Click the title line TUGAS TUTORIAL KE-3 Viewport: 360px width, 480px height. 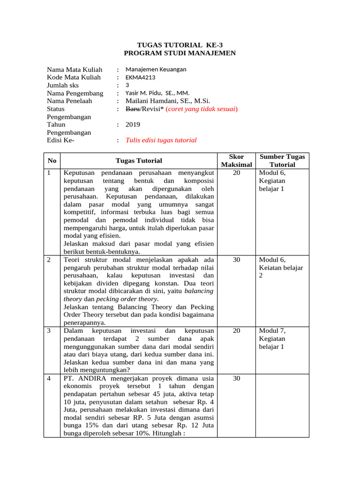(x=180, y=45)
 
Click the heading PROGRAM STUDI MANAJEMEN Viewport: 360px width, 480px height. (x=180, y=53)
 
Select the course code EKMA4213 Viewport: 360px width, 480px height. (x=140, y=77)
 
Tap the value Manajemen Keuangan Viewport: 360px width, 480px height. (x=156, y=69)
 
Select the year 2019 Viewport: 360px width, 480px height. (x=133, y=125)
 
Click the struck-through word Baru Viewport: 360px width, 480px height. (x=133, y=109)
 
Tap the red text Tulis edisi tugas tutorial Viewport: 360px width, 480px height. (x=161, y=140)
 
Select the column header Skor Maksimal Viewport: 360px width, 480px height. (x=236, y=160)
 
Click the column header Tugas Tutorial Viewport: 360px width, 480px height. (x=139, y=161)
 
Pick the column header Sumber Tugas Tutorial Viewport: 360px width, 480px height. (x=282, y=160)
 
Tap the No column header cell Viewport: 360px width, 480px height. (x=52, y=161)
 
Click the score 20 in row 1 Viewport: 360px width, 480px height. (x=236, y=173)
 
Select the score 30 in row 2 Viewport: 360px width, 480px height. (x=236, y=260)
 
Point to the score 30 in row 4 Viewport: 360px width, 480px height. (x=236, y=378)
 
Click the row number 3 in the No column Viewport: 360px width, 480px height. (x=49, y=331)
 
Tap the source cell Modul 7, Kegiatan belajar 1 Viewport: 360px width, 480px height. (x=272, y=339)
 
